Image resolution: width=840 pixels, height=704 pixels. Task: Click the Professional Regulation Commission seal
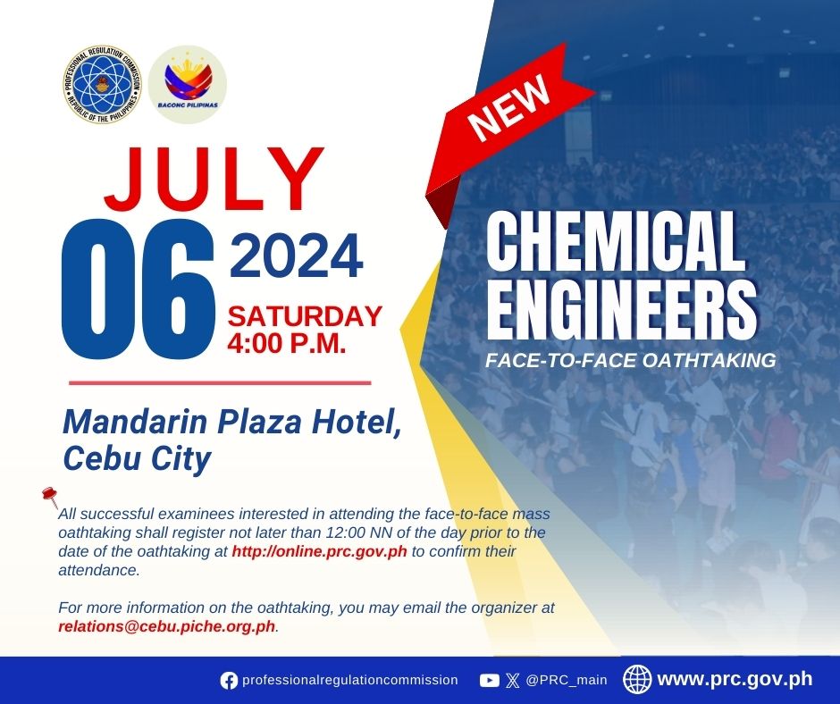(x=103, y=84)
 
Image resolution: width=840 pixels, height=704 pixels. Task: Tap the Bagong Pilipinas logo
(x=188, y=84)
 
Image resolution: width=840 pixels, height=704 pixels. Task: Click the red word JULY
(x=214, y=179)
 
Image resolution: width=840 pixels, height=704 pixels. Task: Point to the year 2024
(x=297, y=256)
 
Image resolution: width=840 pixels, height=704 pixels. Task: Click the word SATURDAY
(x=305, y=316)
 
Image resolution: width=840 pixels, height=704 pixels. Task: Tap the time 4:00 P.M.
(x=287, y=343)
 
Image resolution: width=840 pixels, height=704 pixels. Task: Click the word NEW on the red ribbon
(x=509, y=107)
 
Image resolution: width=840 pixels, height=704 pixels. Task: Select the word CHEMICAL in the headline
(x=616, y=241)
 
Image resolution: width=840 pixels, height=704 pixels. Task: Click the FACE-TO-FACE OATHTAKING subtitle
(x=631, y=360)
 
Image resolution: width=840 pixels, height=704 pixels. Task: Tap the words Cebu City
(x=137, y=459)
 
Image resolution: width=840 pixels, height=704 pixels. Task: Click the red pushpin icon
(x=50, y=498)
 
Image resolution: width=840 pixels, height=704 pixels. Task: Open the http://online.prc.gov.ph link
(x=319, y=551)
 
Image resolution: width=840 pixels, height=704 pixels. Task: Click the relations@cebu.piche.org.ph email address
(x=166, y=626)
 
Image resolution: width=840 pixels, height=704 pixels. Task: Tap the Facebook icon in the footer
(x=229, y=681)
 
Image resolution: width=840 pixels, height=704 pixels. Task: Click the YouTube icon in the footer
(x=490, y=681)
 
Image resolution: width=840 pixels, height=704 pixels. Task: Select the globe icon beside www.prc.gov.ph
(x=637, y=679)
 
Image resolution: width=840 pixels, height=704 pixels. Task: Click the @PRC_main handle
(x=567, y=681)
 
